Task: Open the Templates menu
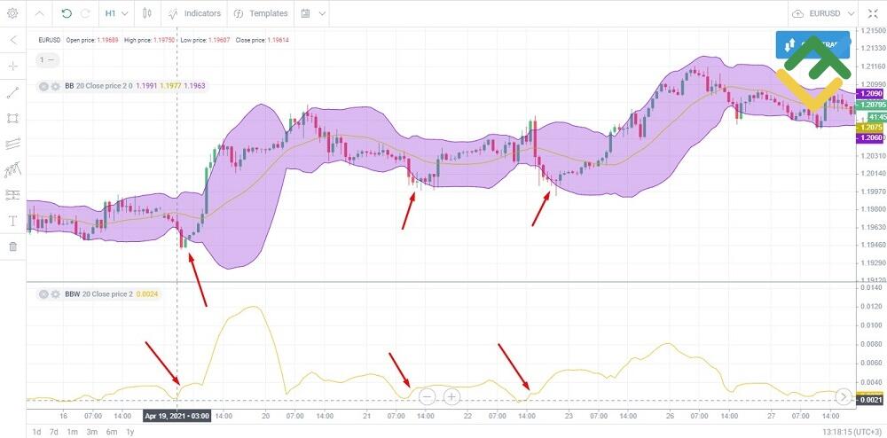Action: [260, 13]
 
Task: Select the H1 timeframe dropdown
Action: [115, 13]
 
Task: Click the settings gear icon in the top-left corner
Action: [12, 13]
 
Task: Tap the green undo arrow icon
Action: [67, 13]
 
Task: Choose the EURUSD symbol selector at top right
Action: [824, 13]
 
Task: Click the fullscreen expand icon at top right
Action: [875, 13]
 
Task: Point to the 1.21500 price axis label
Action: [871, 30]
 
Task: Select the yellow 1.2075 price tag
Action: [870, 127]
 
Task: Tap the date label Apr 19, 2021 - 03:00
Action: [177, 415]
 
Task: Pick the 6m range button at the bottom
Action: [111, 432]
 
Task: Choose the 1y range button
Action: [130, 432]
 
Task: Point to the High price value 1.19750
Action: [169, 41]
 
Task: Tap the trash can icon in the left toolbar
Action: [12, 246]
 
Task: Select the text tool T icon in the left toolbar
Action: [12, 220]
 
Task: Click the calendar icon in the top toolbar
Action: [306, 13]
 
